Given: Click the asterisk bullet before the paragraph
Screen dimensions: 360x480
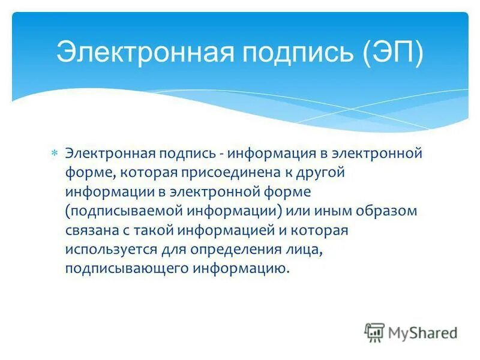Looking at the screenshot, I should pyautogui.click(x=54, y=154).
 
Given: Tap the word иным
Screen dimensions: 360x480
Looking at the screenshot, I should pyautogui.click(x=322, y=211).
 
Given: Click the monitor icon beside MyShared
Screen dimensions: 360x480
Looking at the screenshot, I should pyautogui.click(x=374, y=332).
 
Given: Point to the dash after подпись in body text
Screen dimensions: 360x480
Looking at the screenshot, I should pyautogui.click(x=222, y=154).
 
